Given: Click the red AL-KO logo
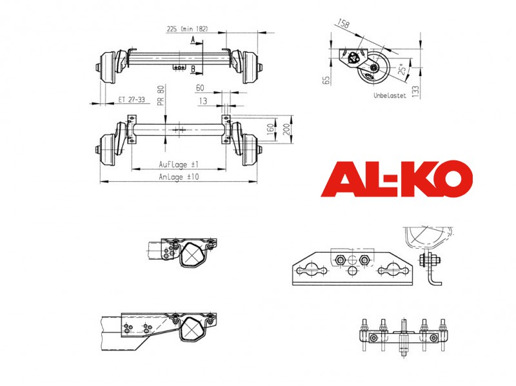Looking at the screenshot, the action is (397, 179).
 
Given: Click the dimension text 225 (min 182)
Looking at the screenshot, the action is (187, 29).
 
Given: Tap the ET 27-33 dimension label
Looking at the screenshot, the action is (132, 99).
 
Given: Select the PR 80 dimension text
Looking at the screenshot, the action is (161, 95).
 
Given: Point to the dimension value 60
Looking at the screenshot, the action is (200, 88).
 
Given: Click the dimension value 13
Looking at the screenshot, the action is (203, 101).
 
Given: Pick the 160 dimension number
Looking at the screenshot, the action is (270, 129).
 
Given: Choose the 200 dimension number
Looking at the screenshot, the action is (286, 129).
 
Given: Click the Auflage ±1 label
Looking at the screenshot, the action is (179, 164).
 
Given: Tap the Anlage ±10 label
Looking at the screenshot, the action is (179, 177).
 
